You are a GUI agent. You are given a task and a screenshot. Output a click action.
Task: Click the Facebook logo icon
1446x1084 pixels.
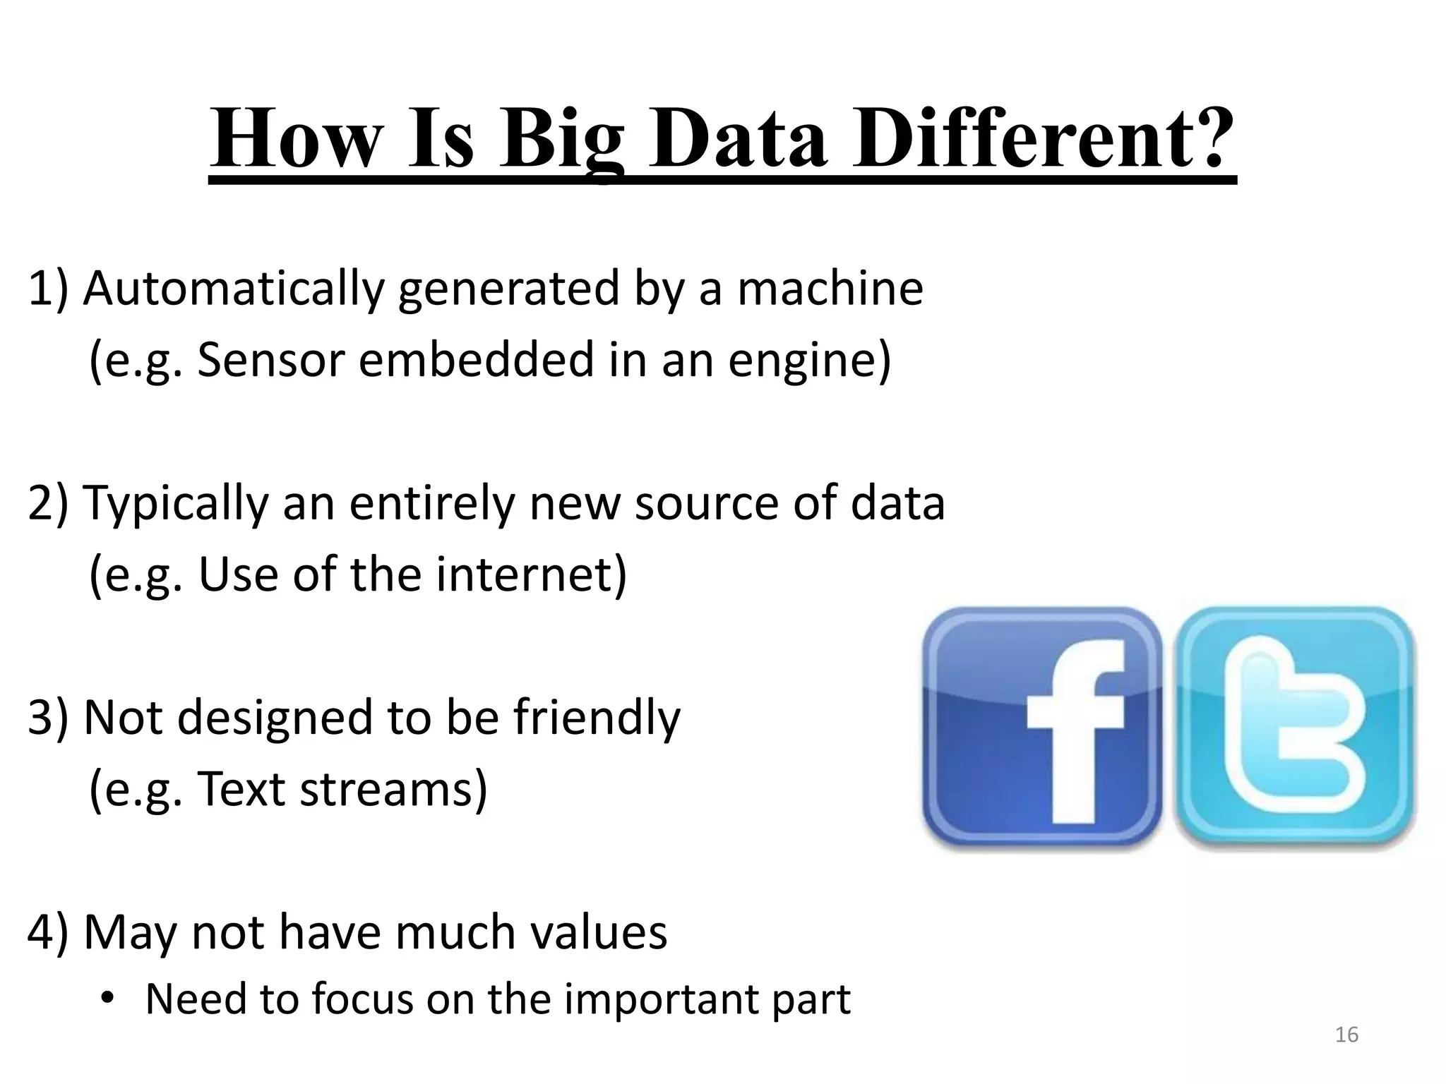[x=1041, y=727]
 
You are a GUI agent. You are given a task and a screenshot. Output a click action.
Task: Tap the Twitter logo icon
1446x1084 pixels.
[x=1295, y=727]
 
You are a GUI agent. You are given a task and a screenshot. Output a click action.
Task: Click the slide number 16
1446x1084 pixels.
[x=1346, y=1035]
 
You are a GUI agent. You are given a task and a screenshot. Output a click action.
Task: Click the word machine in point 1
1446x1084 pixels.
[x=830, y=289]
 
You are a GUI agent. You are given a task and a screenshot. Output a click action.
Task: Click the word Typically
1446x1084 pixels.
[x=177, y=504]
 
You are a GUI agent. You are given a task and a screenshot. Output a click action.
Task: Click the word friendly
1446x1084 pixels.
[x=597, y=718]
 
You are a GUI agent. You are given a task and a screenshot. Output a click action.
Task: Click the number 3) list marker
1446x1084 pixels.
[x=48, y=718]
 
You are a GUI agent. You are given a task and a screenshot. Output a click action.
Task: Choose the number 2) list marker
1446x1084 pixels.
[x=48, y=504]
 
